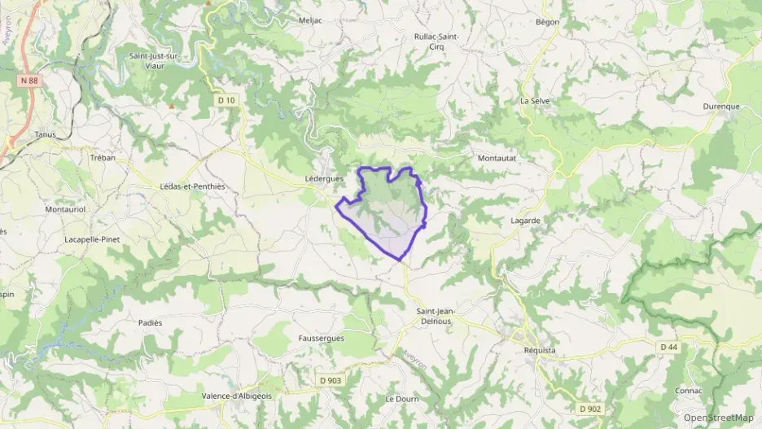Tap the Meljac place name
310,20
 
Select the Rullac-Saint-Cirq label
436,42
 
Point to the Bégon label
548,22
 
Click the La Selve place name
535,101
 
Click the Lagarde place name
526,220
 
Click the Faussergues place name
321,338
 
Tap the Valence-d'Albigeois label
238,396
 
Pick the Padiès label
150,322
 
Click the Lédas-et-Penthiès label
192,186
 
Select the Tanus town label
46,134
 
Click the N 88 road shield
28,81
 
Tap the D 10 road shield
226,100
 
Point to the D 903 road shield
331,380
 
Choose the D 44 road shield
668,347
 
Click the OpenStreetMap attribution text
719,418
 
